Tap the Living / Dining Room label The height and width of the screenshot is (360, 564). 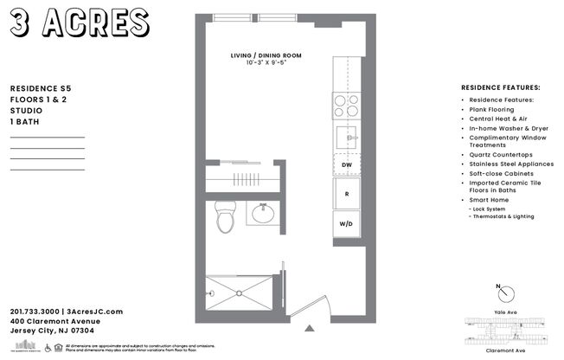[x=265, y=56]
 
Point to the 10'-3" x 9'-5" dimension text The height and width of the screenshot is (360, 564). [x=265, y=63]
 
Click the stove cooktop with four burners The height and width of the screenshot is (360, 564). [x=347, y=105]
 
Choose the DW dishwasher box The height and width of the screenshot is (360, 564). [x=346, y=164]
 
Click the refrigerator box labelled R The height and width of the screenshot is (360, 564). [x=346, y=194]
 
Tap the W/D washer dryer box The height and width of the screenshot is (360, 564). [x=346, y=222]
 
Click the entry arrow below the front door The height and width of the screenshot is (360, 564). [x=309, y=328]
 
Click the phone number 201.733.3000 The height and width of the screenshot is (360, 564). [x=36, y=312]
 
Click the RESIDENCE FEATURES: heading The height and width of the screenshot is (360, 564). [x=501, y=88]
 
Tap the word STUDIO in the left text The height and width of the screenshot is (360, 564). [x=26, y=111]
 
